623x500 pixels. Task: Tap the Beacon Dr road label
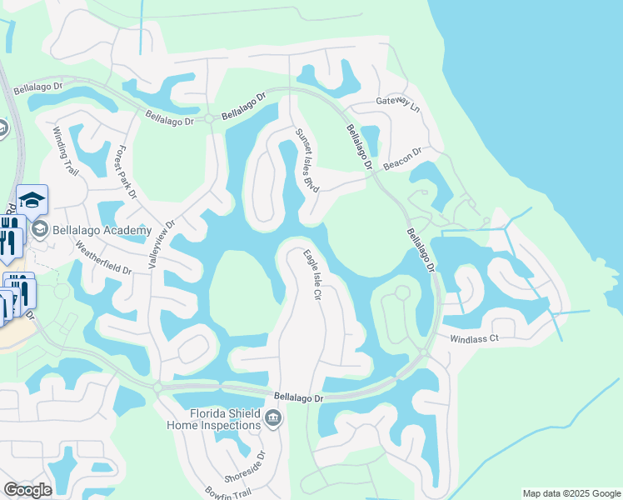[403, 158]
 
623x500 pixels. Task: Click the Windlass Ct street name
[473, 339]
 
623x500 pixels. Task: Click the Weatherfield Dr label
[103, 257]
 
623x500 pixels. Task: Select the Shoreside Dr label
[249, 464]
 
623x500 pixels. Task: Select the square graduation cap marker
[32, 199]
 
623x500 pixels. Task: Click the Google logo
[27, 490]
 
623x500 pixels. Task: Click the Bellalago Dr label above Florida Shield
[298, 398]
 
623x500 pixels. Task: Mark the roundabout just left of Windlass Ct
[423, 353]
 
